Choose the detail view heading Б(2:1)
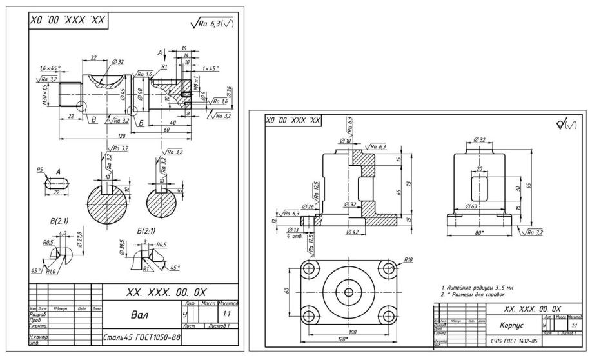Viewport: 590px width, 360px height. pos(146,229)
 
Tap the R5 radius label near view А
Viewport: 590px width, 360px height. pos(40,172)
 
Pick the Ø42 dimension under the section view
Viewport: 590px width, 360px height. pos(352,230)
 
